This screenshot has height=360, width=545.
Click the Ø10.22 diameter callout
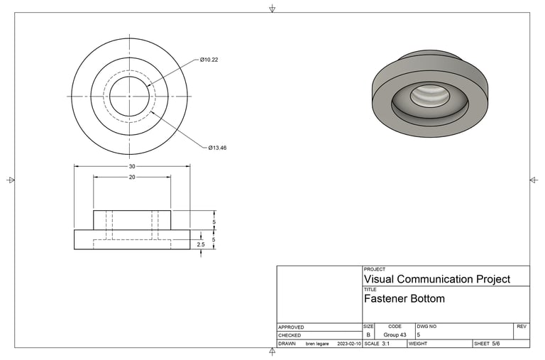209,60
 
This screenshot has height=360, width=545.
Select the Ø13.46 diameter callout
216,148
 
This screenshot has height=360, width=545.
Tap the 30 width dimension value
132,166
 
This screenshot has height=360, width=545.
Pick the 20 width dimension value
132,178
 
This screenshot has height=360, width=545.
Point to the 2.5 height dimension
201,245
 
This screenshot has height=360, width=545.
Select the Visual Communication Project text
436,279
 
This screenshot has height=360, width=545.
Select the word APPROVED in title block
291,327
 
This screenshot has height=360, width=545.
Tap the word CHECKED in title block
290,335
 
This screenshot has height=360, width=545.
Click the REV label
522,327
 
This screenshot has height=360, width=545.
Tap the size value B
368,334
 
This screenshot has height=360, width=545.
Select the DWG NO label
426,327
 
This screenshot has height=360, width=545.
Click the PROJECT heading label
375,270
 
